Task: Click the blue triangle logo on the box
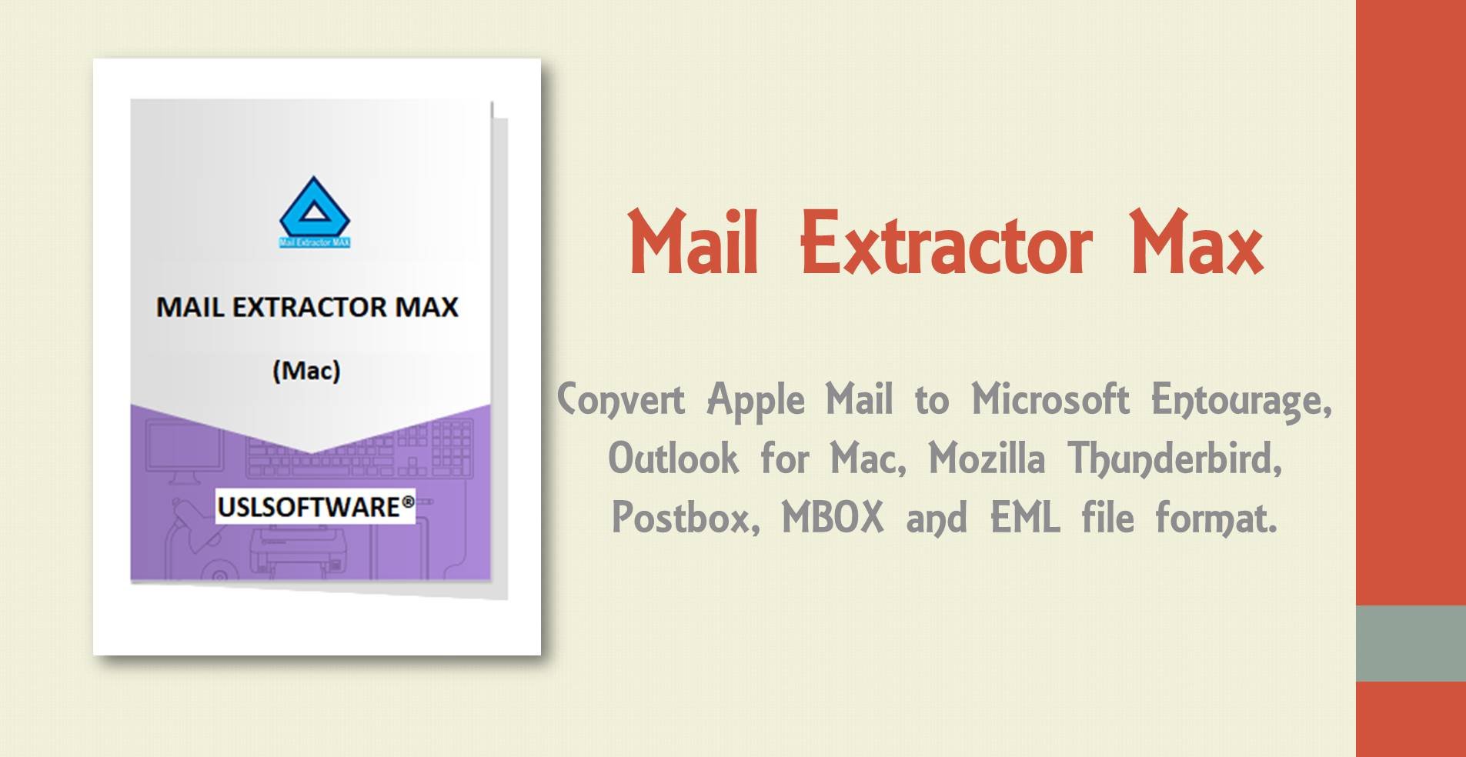[x=314, y=208]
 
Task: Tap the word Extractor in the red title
[x=946, y=244]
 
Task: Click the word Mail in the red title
[x=693, y=244]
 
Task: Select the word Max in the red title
[x=1196, y=244]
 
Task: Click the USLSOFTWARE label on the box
[x=309, y=507]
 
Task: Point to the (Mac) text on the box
[x=306, y=371]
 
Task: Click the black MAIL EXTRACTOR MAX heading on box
[x=307, y=308]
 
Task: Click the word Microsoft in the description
[x=1050, y=399]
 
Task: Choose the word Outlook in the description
[x=673, y=459]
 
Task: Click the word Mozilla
[x=987, y=459]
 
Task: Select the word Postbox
[x=685, y=517]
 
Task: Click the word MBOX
[x=833, y=517]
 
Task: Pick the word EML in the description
[x=1024, y=517]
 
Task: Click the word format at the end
[x=1216, y=517]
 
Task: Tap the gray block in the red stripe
[x=1411, y=643]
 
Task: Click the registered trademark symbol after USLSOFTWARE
[x=408, y=502]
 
